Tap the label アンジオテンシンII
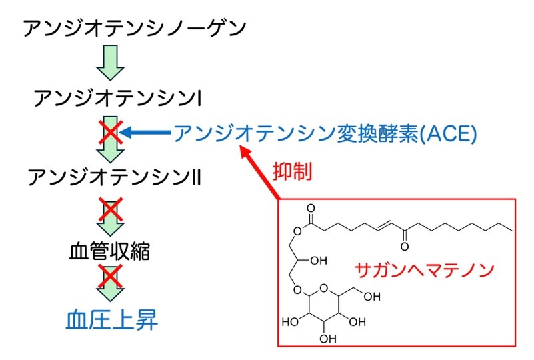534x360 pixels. (119, 178)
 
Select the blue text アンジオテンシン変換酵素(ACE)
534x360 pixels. (325, 133)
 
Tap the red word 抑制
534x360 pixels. (292, 171)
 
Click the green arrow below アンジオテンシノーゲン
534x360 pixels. (110, 63)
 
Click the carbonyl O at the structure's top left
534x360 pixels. (311, 208)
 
